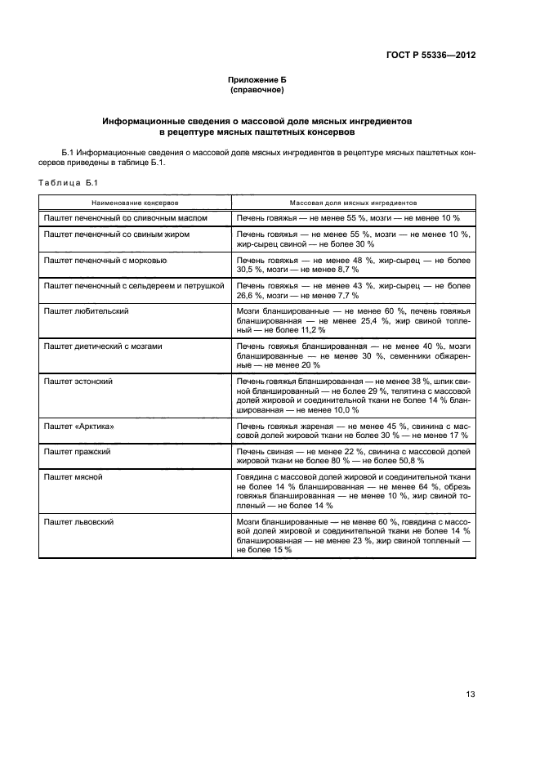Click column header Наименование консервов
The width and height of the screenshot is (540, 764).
(135, 201)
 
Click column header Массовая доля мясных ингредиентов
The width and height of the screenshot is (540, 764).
(353, 201)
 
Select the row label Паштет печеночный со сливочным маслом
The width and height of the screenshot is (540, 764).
(125, 218)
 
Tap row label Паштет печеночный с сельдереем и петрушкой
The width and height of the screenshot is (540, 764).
(133, 285)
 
